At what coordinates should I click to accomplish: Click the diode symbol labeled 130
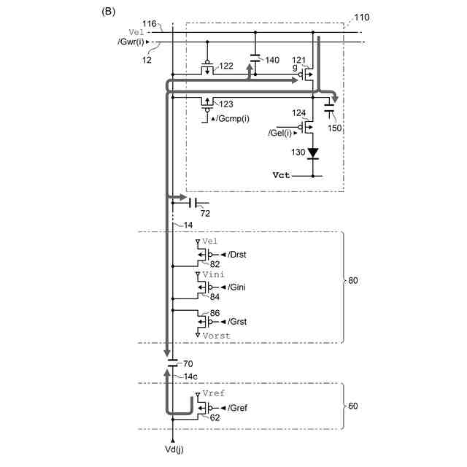(313, 153)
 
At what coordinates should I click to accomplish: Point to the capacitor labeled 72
(193, 202)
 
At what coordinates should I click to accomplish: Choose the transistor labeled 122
(207, 69)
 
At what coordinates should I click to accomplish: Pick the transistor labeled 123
(207, 102)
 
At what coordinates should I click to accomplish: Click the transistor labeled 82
(204, 255)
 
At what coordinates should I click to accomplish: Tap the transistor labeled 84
(204, 287)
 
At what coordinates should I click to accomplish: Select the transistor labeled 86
(204, 320)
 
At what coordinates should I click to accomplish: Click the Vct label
(282, 176)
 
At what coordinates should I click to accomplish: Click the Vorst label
(217, 336)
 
